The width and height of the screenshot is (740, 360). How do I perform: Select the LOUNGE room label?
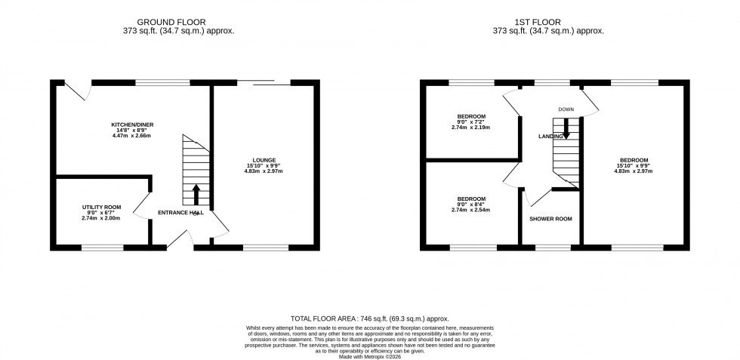point(264,160)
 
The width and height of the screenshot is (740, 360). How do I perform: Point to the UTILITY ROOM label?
point(101,206)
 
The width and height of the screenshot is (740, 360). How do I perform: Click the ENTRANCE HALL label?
point(180,214)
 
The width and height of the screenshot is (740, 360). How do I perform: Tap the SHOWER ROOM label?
point(550,219)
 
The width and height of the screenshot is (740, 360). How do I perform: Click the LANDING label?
point(549,137)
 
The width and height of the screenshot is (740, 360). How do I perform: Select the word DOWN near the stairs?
point(566,109)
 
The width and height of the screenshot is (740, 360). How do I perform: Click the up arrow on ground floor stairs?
point(196,194)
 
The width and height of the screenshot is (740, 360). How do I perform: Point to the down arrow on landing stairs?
point(566,134)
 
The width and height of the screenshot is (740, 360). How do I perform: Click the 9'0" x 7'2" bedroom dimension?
point(471,122)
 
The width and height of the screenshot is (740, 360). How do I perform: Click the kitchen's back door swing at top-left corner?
point(77,92)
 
